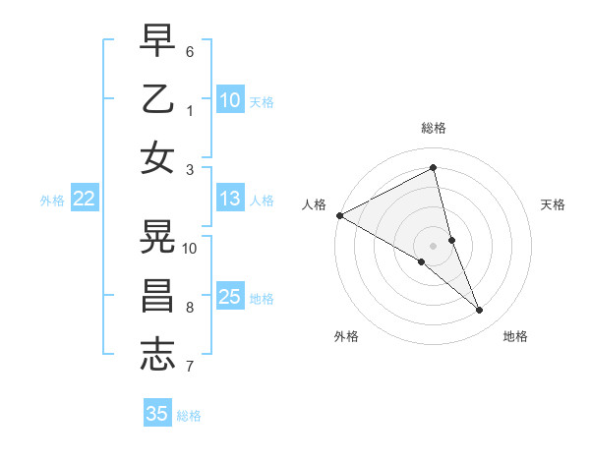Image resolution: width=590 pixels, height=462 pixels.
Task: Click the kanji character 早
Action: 158,42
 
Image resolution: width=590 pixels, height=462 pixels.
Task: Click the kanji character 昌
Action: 158,296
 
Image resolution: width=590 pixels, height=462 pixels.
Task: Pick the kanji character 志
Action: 158,354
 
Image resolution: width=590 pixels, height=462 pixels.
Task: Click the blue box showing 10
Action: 230,99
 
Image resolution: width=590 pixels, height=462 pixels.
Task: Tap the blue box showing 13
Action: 230,199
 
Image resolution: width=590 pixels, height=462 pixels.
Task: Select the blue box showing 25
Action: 230,297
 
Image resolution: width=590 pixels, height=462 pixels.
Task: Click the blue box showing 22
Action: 84,199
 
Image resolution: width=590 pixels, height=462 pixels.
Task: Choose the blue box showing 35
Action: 157,414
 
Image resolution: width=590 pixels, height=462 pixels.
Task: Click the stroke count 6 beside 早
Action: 190,51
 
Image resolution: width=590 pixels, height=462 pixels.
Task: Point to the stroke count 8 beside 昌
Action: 190,308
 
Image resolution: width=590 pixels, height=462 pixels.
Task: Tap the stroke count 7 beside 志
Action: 190,367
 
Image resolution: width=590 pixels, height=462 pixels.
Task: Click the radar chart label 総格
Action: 433,128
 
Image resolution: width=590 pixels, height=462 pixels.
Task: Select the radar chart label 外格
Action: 346,336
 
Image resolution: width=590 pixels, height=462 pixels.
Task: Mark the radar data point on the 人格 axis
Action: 339,214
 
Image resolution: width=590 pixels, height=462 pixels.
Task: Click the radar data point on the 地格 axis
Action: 480,311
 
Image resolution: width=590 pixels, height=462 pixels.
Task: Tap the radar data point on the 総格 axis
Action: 433,167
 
